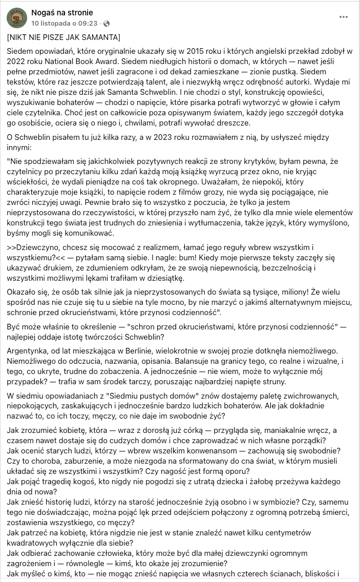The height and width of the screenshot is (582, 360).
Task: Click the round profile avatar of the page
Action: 17,17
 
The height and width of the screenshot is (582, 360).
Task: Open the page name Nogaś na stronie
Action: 61,12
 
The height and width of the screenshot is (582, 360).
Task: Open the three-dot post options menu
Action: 344,17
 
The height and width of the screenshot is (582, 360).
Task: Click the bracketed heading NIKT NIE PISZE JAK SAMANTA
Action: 64,38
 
